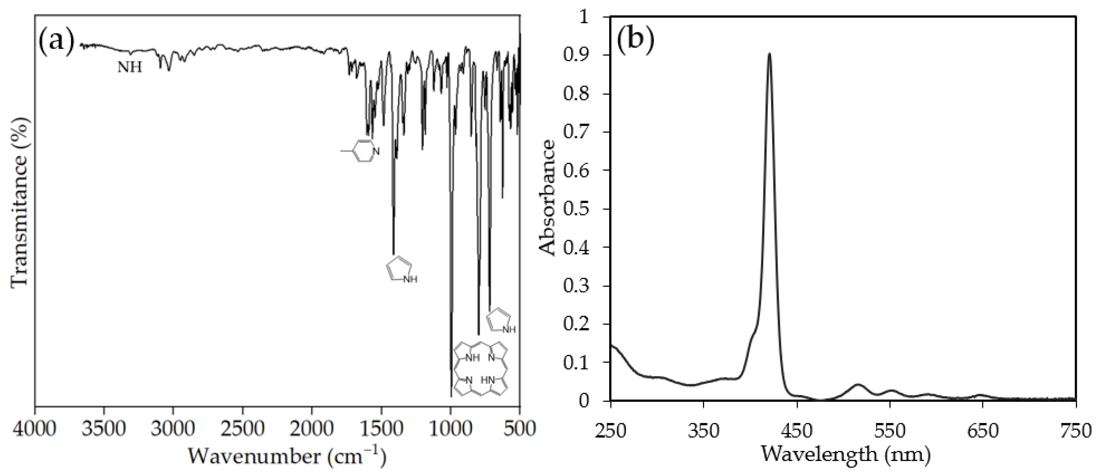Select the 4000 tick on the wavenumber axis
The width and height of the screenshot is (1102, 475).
click(35, 428)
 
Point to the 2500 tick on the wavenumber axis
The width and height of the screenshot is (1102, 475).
click(243, 428)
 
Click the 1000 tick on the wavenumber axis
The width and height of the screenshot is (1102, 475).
click(450, 428)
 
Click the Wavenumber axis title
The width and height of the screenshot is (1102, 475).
click(287, 457)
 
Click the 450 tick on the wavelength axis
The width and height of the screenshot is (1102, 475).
click(797, 428)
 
